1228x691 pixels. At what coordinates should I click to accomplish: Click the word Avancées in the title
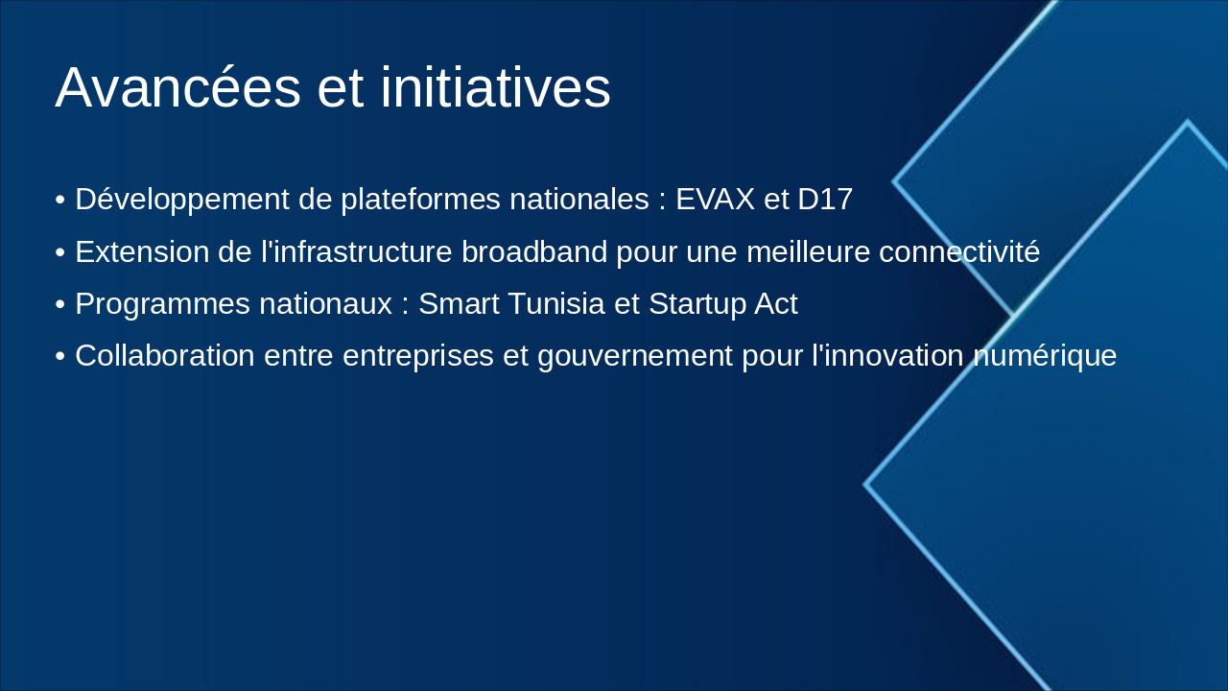(x=178, y=87)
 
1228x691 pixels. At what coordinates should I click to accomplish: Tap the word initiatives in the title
(x=496, y=87)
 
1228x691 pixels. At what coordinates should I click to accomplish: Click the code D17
(x=825, y=199)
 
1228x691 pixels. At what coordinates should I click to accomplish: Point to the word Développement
(x=182, y=201)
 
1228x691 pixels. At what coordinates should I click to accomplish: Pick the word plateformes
(x=420, y=201)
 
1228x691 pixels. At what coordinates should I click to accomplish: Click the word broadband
(x=534, y=251)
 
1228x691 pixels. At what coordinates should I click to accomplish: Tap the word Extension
(x=142, y=252)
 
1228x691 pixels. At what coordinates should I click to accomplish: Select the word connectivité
(x=959, y=251)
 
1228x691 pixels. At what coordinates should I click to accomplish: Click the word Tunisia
(x=555, y=303)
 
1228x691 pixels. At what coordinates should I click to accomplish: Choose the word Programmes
(x=162, y=305)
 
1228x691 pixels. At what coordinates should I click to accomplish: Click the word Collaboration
(x=165, y=355)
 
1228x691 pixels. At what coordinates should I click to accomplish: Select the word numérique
(x=1045, y=356)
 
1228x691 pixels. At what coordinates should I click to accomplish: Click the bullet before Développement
(x=60, y=201)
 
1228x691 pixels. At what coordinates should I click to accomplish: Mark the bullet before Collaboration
(x=60, y=356)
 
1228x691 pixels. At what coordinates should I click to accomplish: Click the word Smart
(x=459, y=303)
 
